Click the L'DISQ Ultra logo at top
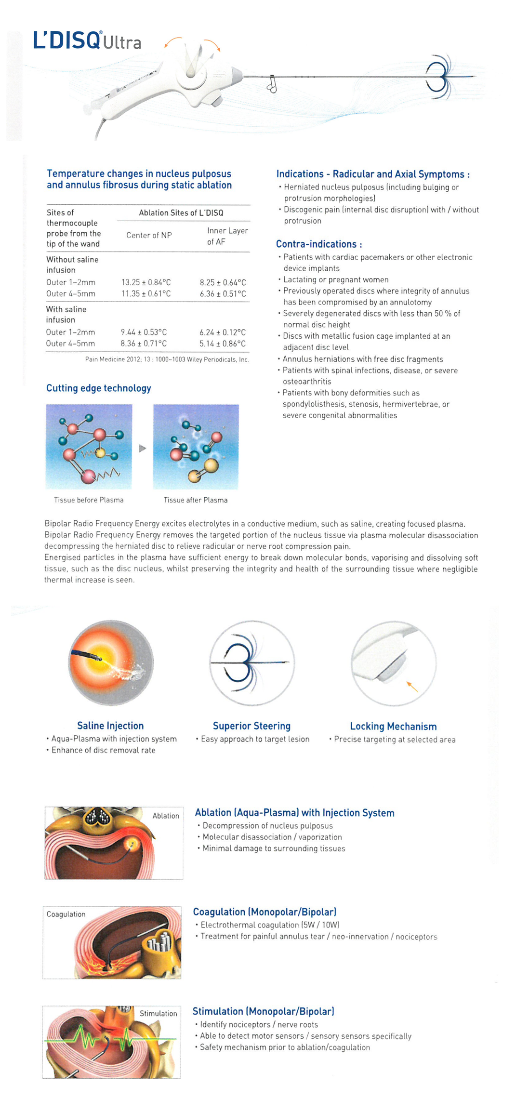[x=87, y=40]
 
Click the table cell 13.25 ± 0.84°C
[x=146, y=282]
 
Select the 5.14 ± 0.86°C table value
[x=223, y=344]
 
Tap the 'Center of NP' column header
[x=149, y=235]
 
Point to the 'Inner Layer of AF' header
[x=227, y=236]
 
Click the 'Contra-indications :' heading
[x=319, y=244]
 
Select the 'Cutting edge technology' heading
[x=99, y=388]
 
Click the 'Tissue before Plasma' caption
[x=89, y=500]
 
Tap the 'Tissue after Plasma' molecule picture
[x=196, y=447]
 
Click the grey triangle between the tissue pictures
[x=142, y=449]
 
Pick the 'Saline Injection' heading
[x=110, y=726]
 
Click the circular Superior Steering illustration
[x=251, y=663]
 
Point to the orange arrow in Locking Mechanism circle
[x=412, y=687]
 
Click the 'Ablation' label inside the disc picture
[x=166, y=816]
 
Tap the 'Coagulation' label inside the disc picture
[x=66, y=914]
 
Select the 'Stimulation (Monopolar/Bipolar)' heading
[x=263, y=1011]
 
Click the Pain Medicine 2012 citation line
[x=167, y=359]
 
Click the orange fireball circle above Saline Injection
[x=110, y=663]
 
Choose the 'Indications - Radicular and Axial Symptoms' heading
[x=372, y=174]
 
